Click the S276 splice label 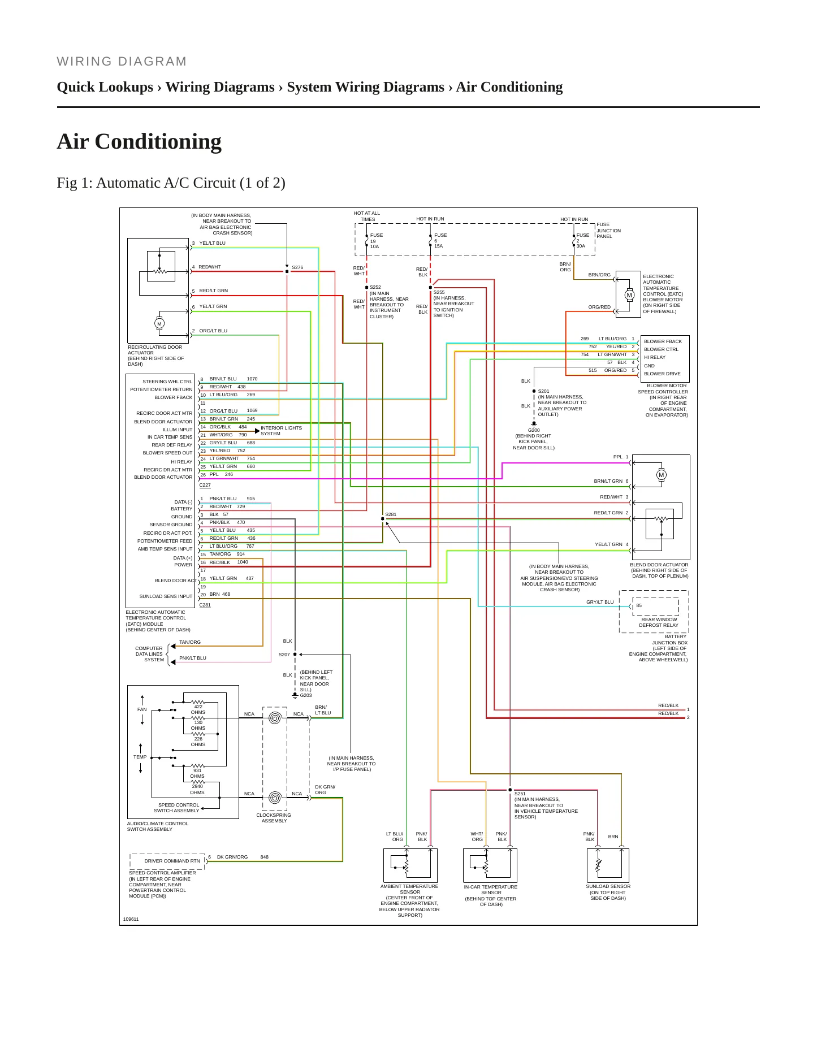pos(297,267)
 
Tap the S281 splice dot pos(383,518)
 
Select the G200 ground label pos(534,430)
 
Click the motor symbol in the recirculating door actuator pos(159,323)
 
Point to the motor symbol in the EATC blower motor pos(629,295)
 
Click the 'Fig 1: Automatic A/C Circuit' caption pos(171,183)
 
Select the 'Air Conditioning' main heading pos(139,141)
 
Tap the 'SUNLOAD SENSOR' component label pos(608,886)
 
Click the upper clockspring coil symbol pos(275,718)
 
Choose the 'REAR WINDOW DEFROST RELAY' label pos(659,622)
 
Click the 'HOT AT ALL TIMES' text pos(367,216)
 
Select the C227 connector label pos(205,485)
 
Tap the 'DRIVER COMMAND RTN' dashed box pos(167,861)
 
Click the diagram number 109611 pos(131,919)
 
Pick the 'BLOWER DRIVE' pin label pos(662,374)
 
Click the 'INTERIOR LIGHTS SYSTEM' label pos(281,431)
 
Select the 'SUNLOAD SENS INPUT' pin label pos(166,596)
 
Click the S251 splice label pos(520,794)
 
